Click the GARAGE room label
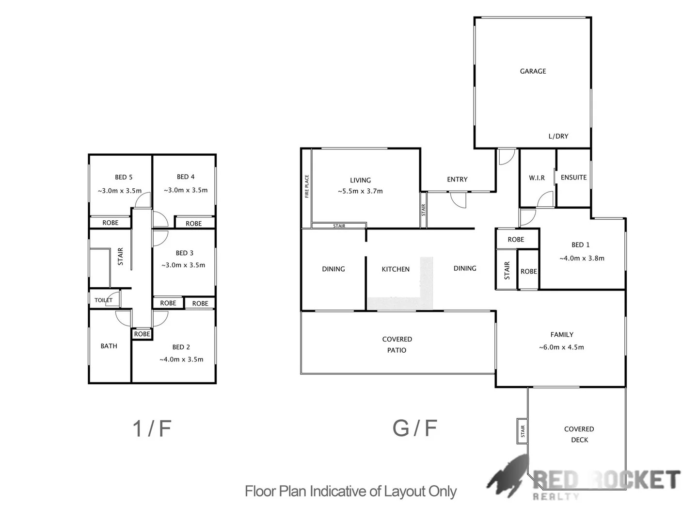(533, 71)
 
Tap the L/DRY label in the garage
(558, 136)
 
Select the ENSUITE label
(573, 178)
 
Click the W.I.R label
(537, 178)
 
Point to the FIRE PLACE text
(307, 187)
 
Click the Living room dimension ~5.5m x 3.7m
(360, 191)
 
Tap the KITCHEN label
(396, 269)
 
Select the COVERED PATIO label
(397, 344)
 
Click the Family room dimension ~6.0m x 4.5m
(561, 347)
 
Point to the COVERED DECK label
(579, 434)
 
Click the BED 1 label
(580, 245)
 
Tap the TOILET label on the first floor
(103, 300)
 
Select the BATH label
(109, 346)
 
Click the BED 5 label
(124, 177)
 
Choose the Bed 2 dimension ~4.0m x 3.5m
(181, 360)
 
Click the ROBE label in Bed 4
(193, 224)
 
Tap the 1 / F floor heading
(152, 428)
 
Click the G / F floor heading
(415, 428)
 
